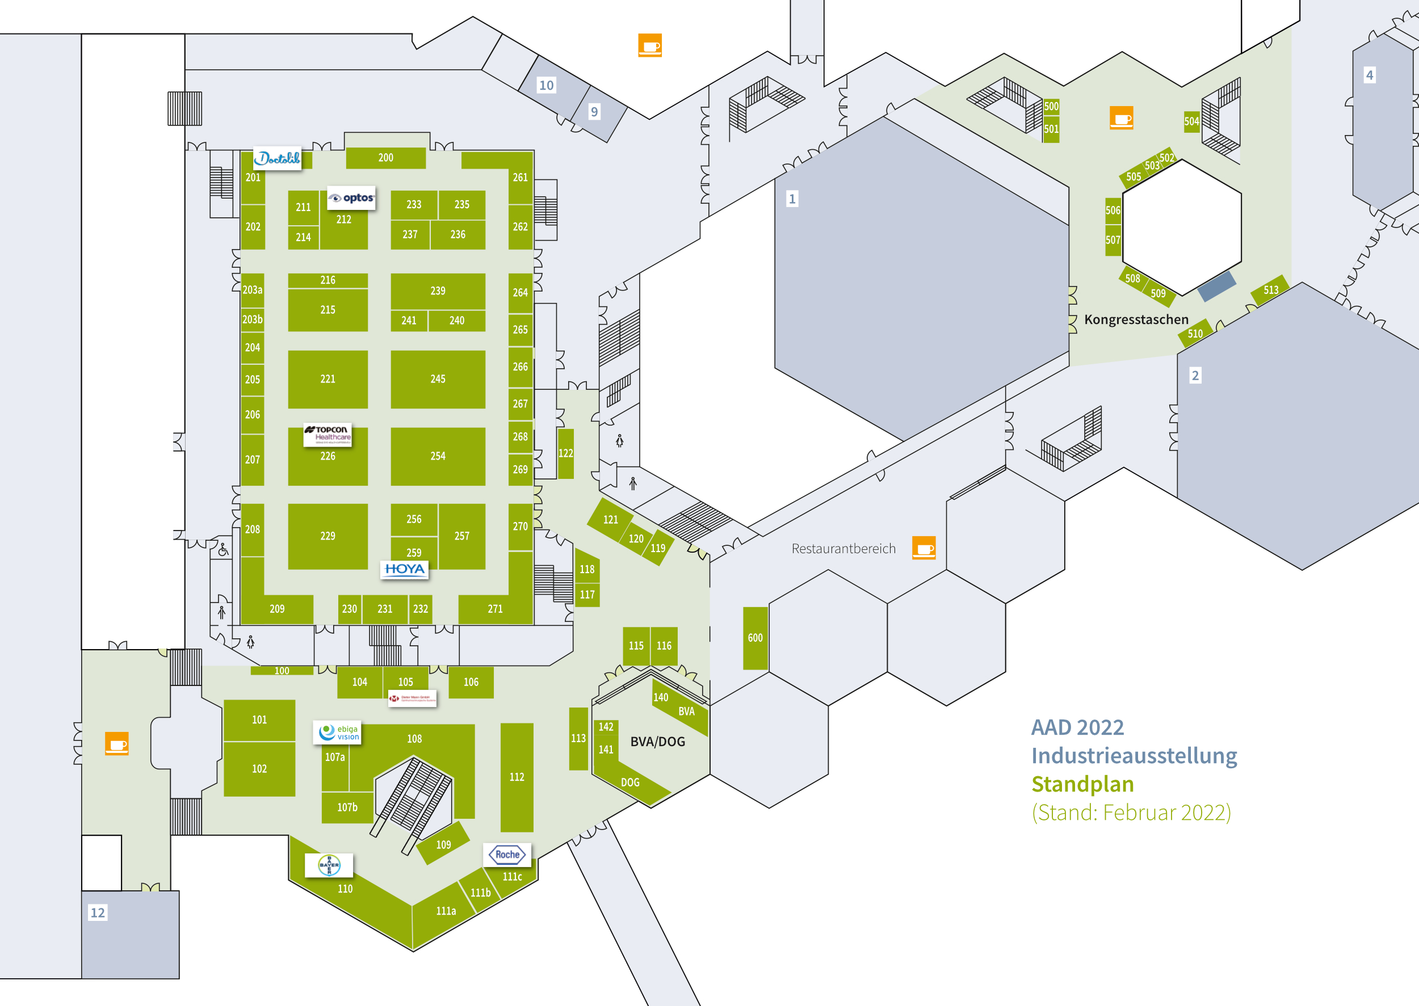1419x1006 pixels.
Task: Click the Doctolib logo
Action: (x=277, y=158)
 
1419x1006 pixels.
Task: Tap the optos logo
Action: (x=351, y=197)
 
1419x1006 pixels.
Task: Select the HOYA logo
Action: (x=404, y=569)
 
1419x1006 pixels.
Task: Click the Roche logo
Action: (x=507, y=855)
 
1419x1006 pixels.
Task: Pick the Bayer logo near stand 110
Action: (x=329, y=865)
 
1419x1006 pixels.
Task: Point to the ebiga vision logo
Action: (x=338, y=732)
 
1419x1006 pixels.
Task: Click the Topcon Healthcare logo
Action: (x=327, y=433)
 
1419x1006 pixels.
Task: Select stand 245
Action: (x=438, y=379)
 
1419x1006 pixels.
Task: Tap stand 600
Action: (x=755, y=638)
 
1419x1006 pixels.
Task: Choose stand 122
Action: (x=565, y=453)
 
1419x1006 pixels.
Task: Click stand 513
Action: (x=1270, y=290)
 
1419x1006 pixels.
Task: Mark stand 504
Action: (x=1191, y=121)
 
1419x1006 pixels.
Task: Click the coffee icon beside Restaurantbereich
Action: (x=923, y=548)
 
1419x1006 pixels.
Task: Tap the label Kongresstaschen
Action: (x=1136, y=319)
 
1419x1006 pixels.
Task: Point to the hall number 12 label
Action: (x=98, y=912)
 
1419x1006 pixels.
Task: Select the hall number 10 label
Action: (x=546, y=86)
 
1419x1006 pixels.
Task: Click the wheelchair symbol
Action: (x=223, y=549)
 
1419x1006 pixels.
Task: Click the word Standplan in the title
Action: (x=1082, y=784)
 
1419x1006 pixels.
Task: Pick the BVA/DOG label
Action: (x=657, y=742)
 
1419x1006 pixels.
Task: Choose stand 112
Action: (x=516, y=777)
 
